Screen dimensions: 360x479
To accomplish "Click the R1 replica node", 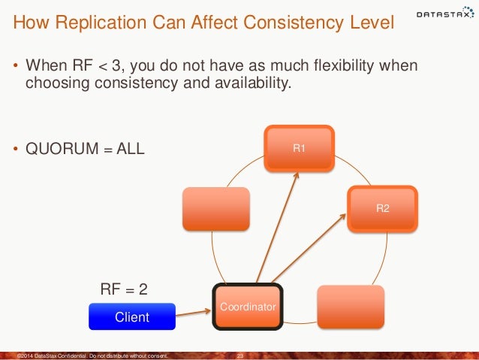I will point(299,148).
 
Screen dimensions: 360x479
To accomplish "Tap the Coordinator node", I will point(248,307).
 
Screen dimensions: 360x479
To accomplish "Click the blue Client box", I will point(131,317).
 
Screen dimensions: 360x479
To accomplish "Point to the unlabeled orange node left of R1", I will point(216,208).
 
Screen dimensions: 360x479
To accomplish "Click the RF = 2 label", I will point(124,287).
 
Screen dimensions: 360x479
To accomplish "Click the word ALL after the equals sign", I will point(128,148).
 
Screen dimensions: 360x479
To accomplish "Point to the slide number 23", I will point(241,355).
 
